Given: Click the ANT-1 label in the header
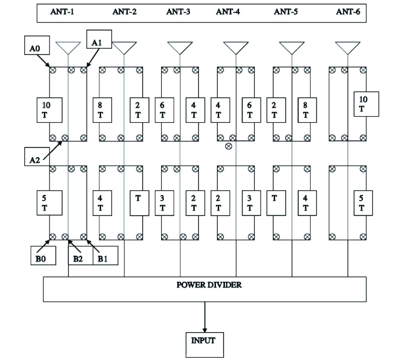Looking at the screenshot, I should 62,12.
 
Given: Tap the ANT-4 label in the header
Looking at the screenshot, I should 228,12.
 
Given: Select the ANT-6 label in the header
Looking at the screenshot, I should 348,12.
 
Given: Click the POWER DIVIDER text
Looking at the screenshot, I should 205,285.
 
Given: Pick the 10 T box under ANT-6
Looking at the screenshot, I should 366,104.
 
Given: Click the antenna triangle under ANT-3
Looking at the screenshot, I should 180,47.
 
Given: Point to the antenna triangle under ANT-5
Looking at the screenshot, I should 292,47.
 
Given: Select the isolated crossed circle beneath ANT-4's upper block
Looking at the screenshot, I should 229,146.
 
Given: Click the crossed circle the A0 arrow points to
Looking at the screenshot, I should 52,70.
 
